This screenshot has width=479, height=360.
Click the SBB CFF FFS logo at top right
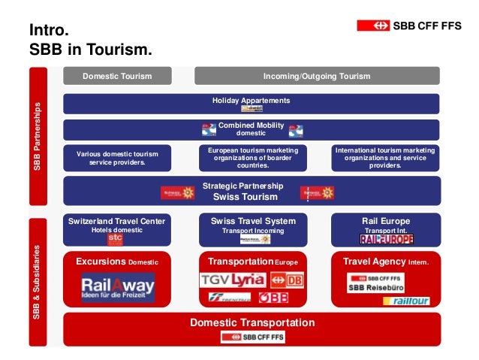click(408, 26)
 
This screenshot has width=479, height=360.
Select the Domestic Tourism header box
click(116, 76)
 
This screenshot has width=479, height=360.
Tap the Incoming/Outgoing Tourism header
click(317, 76)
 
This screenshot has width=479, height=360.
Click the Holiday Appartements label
click(251, 100)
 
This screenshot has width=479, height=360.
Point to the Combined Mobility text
click(251, 125)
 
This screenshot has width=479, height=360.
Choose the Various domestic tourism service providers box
click(116, 158)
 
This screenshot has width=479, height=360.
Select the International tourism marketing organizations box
click(385, 158)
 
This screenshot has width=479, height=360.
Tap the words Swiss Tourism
click(246, 197)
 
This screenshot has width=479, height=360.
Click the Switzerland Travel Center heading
click(116, 221)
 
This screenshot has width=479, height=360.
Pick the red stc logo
click(115, 238)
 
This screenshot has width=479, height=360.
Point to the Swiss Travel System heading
click(252, 221)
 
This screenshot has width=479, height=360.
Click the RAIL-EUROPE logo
click(386, 239)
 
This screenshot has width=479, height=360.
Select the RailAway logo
click(117, 286)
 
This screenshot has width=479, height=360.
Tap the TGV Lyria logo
click(233, 280)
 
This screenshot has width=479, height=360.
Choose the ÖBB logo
click(274, 298)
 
